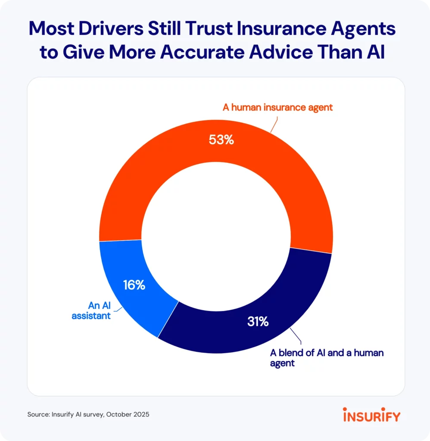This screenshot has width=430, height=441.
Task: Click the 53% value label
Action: pos(221,140)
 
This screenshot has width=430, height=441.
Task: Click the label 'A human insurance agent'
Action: pos(277,108)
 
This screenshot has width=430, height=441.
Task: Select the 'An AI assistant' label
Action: pos(100,311)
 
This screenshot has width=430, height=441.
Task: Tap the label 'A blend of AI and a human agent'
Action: pos(326,358)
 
